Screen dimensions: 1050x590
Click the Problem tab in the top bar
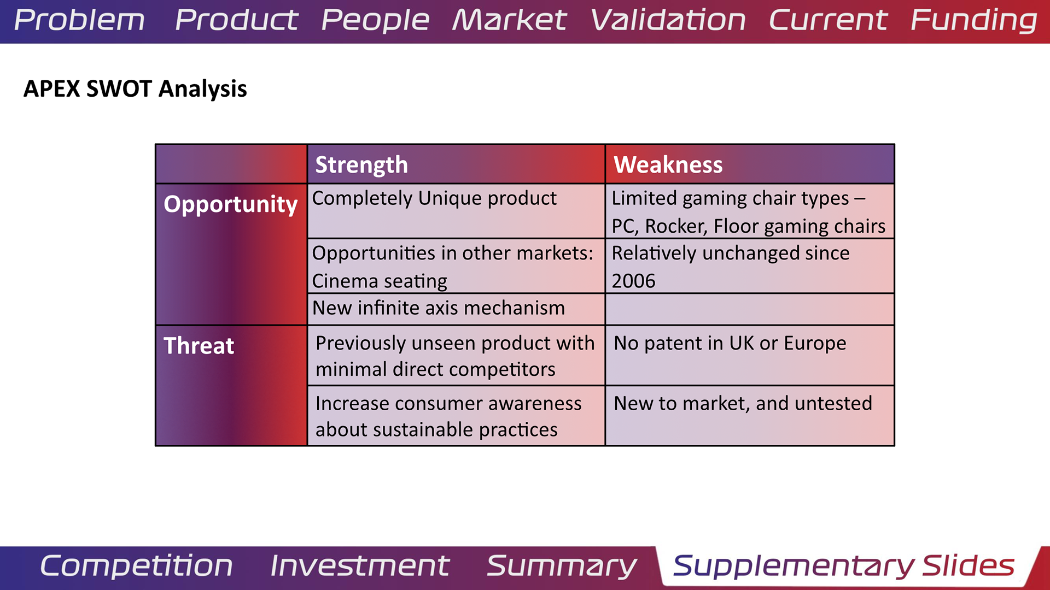(79, 20)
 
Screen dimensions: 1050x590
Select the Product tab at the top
(236, 20)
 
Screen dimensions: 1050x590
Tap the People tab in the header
(375, 21)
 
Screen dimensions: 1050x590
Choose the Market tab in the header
(509, 20)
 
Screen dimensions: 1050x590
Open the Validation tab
(668, 20)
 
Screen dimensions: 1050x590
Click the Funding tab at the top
(974, 21)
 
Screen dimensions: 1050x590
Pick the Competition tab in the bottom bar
(136, 566)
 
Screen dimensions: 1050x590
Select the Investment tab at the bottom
(360, 566)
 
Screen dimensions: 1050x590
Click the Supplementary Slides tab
(844, 567)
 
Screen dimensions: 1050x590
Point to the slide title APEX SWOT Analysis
(135, 88)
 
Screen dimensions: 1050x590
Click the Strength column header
(361, 164)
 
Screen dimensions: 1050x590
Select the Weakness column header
(668, 164)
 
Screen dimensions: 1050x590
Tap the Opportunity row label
(230, 205)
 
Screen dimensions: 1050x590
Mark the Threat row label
(199, 346)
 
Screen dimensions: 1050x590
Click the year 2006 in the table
(633, 281)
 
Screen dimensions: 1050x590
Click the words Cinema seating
(380, 281)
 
